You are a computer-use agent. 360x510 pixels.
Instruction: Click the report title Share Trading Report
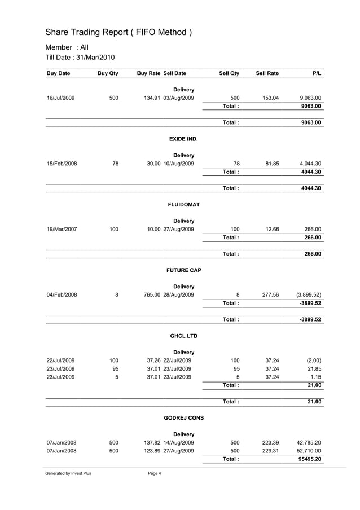118,32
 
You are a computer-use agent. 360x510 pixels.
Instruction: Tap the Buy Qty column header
107,73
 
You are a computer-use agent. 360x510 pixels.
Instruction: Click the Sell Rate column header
267,73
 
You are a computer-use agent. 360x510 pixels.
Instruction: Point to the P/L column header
316,73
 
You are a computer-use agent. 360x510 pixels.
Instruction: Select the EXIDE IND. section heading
183,138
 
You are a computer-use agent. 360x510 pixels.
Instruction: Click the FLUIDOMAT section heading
184,204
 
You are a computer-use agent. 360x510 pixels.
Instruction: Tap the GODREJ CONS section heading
183,418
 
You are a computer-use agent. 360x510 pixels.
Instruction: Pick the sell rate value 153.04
271,98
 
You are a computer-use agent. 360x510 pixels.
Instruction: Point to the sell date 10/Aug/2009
179,164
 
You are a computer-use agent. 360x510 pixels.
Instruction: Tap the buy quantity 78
115,164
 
